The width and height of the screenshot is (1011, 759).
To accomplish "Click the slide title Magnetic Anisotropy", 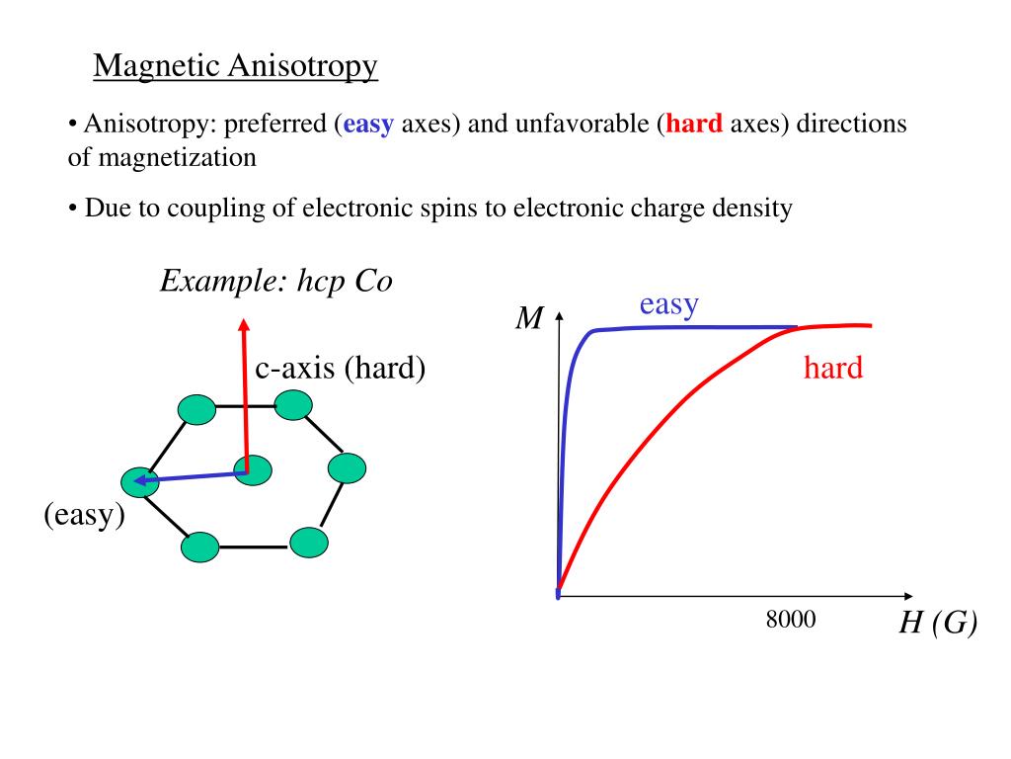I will click(236, 66).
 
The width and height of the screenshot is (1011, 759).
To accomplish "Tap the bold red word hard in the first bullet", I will click(695, 125).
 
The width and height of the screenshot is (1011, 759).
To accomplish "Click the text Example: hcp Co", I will click(276, 282).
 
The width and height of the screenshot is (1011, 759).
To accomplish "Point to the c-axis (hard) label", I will click(341, 369).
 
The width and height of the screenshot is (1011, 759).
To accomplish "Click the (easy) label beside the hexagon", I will click(84, 515).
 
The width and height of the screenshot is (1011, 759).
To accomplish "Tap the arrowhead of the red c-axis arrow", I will click(245, 323).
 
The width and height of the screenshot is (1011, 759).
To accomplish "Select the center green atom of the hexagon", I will click(253, 470).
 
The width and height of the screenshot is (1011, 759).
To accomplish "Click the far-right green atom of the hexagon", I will click(347, 467).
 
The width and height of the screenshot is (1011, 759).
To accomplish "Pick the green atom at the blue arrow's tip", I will click(139, 481).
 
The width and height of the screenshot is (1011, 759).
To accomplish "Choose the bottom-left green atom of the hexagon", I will click(200, 547).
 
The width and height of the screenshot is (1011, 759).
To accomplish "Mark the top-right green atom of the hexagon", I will click(293, 404).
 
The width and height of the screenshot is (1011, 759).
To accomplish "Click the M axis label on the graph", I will click(530, 319).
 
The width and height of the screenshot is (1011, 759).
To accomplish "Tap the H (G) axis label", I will click(937, 624).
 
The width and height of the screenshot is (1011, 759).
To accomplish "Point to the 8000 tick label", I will click(791, 620).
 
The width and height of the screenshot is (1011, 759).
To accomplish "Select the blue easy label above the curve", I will click(668, 304).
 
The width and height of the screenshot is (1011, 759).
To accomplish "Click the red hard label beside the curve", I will click(832, 369).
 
